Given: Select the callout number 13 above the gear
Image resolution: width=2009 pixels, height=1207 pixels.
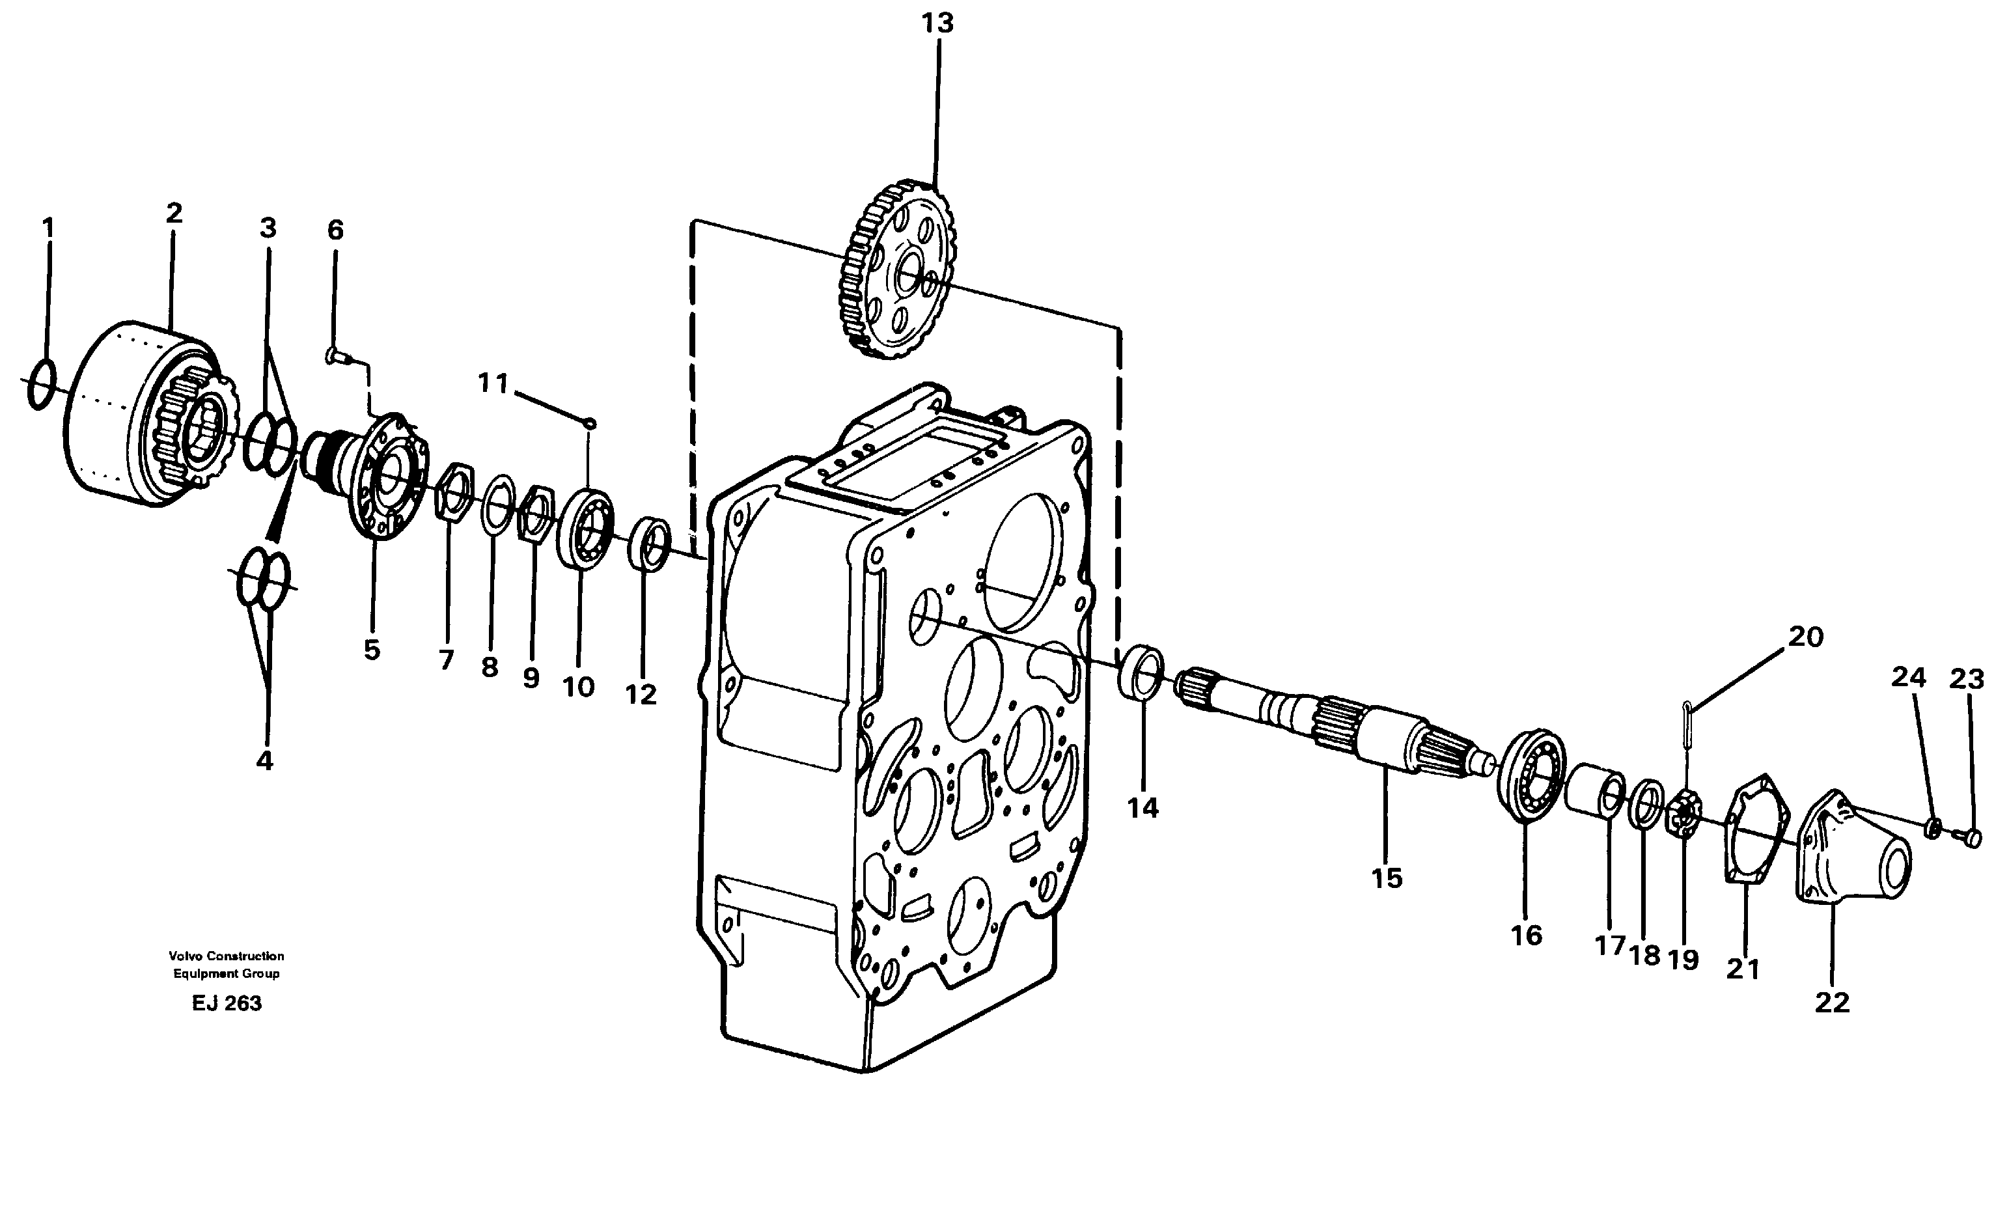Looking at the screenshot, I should (937, 23).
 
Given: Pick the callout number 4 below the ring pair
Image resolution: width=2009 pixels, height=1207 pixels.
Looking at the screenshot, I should (264, 761).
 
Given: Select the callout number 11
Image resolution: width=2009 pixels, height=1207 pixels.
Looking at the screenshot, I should (493, 382).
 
